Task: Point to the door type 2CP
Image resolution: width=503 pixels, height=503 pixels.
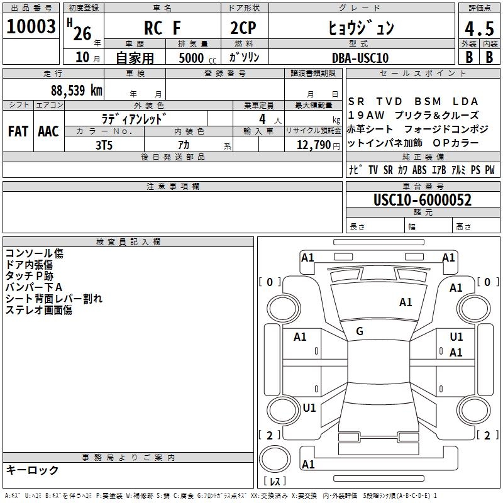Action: (x=245, y=29)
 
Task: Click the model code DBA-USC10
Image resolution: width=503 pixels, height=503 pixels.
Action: (x=360, y=58)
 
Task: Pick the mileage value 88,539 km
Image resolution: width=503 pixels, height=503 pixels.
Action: (x=76, y=90)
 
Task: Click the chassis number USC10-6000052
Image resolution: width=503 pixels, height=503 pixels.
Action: (x=422, y=200)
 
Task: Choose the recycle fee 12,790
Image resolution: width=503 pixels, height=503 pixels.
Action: (x=312, y=145)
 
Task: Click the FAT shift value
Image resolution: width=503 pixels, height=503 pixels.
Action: (x=18, y=131)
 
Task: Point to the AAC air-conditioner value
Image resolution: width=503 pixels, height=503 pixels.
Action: (x=48, y=131)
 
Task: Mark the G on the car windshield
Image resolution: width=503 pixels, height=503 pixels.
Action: (x=360, y=331)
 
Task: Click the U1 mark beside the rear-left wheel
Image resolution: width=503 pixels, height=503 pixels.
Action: (x=309, y=408)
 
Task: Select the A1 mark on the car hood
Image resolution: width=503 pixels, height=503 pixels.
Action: (x=406, y=302)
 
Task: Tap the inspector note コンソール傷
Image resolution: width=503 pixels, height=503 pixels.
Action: (x=35, y=253)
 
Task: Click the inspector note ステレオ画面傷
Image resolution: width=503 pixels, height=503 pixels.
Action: (x=39, y=310)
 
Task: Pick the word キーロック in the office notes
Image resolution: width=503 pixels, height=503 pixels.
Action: (x=32, y=470)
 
